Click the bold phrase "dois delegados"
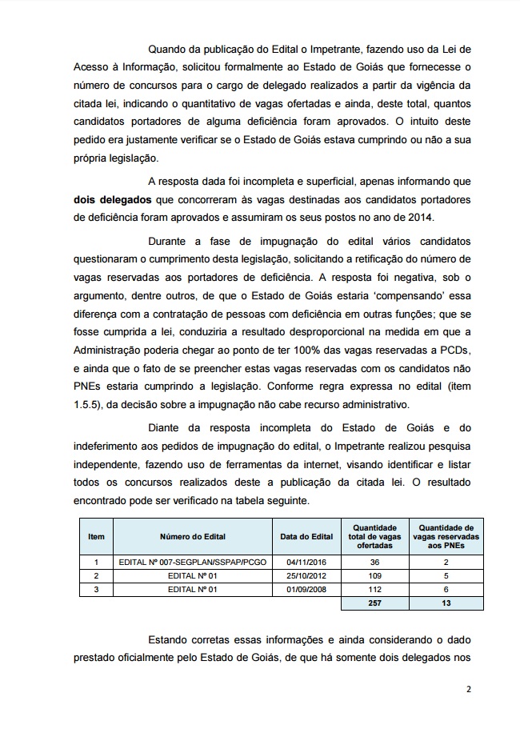pyautogui.click(x=112, y=199)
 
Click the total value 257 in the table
pyautogui.click(x=374, y=603)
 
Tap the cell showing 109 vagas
pyautogui.click(x=374, y=575)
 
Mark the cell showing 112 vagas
pyautogui.click(x=374, y=589)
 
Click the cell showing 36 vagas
pyautogui.click(x=374, y=563)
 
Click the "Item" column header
pyautogui.click(x=96, y=536)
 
